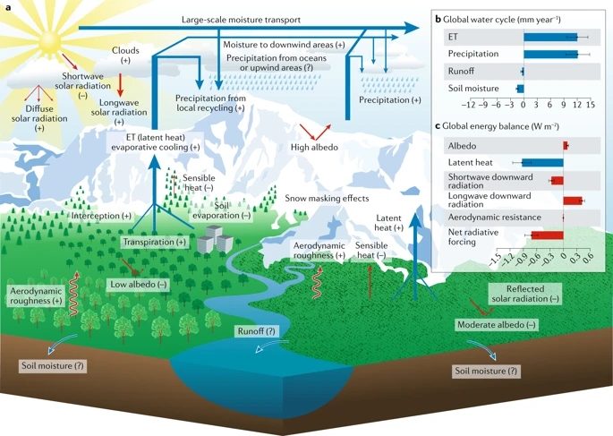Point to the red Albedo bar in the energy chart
[566, 145]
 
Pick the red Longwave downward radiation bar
[573, 200]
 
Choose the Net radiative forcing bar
[547, 235]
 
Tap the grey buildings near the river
[213, 237]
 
